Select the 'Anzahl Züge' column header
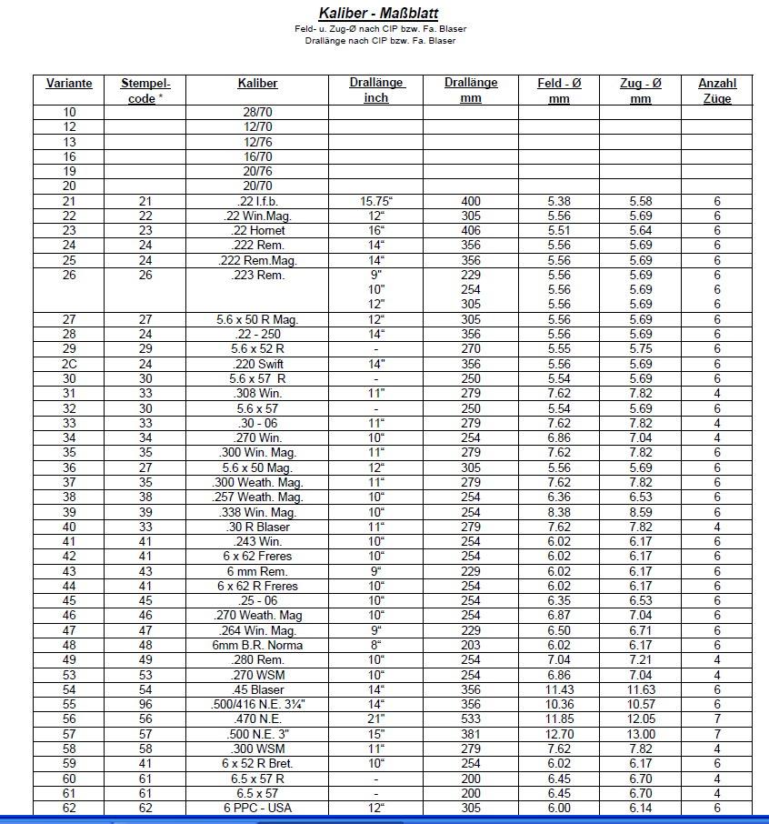pyautogui.click(x=716, y=91)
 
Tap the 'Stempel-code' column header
pyautogui.click(x=145, y=91)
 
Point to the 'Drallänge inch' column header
pyautogui.click(x=376, y=91)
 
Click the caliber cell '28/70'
pyautogui.click(x=257, y=113)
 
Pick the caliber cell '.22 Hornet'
pyautogui.click(x=257, y=231)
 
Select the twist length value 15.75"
pyautogui.click(x=375, y=201)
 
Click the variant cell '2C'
pyautogui.click(x=69, y=364)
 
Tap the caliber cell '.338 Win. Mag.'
pyautogui.click(x=257, y=512)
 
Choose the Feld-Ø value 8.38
pyautogui.click(x=558, y=512)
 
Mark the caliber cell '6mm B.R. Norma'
pyautogui.click(x=257, y=645)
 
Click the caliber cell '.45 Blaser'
pyautogui.click(x=257, y=689)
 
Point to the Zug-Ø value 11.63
pyautogui.click(x=640, y=689)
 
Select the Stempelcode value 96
pyautogui.click(x=145, y=704)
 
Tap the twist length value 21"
pyautogui.click(x=375, y=718)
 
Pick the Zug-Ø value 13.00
pyautogui.click(x=640, y=734)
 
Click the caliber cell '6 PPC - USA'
pyautogui.click(x=257, y=808)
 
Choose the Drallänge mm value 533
pyautogui.click(x=471, y=718)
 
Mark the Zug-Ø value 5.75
pyautogui.click(x=640, y=349)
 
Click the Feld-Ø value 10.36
pyautogui.click(x=558, y=704)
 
